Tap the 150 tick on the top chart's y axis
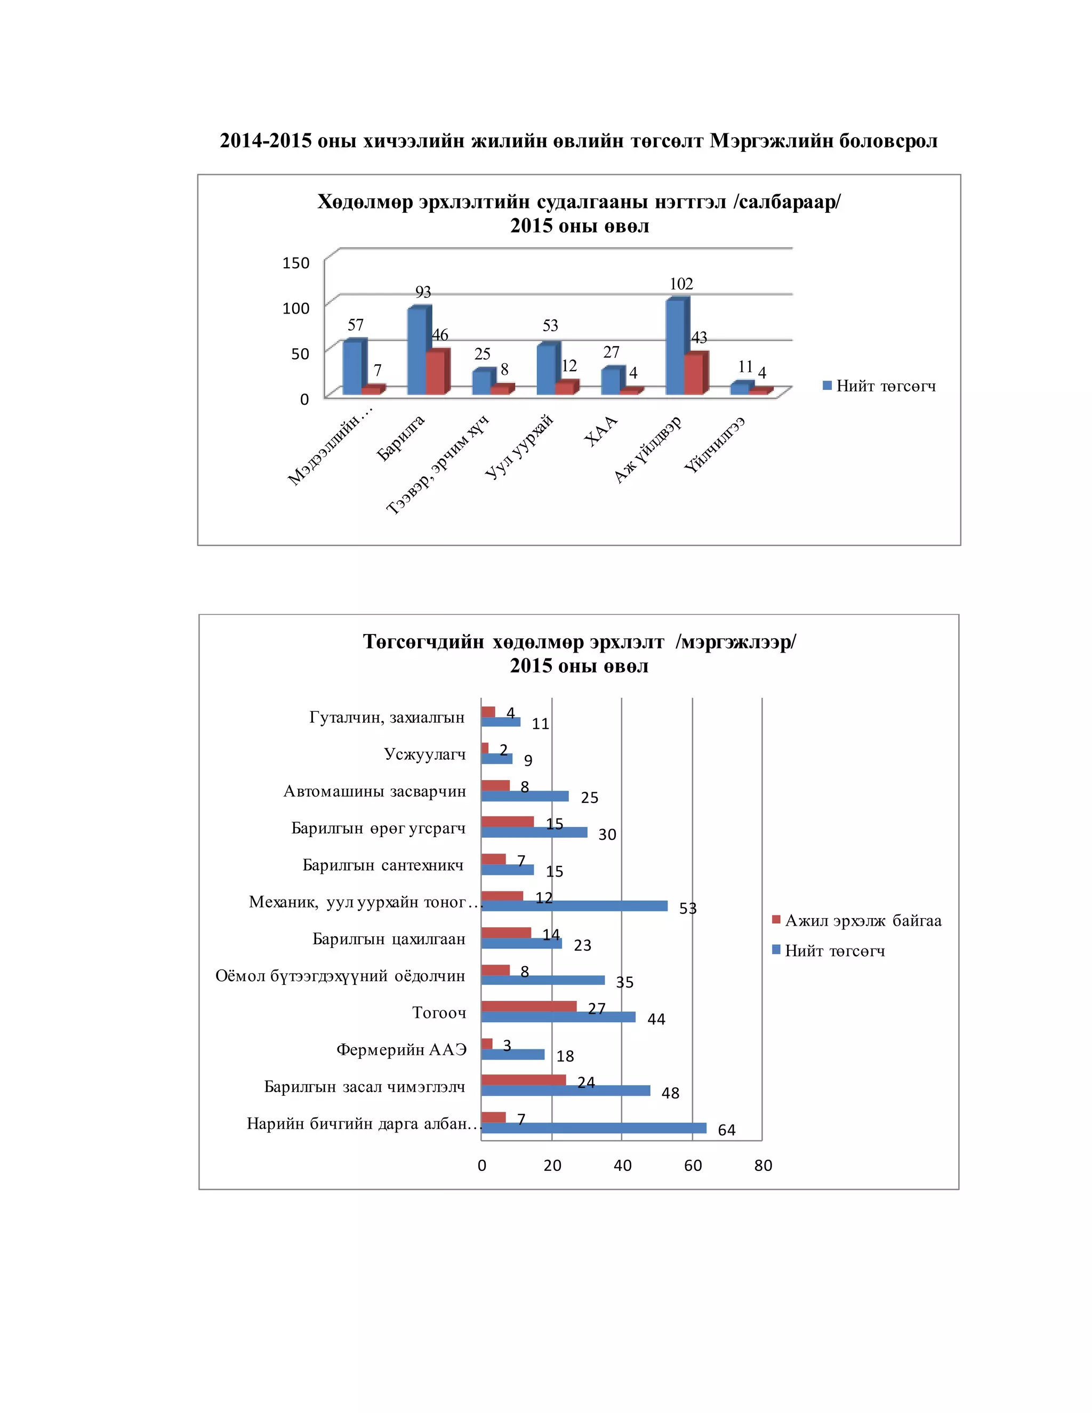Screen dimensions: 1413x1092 pos(296,263)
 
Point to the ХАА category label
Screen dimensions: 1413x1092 pos(601,431)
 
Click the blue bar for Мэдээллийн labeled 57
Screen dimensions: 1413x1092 pos(352,367)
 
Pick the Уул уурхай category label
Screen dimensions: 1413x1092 pos(519,446)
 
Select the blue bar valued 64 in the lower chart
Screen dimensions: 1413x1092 pos(594,1128)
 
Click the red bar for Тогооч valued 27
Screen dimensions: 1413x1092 pos(528,1006)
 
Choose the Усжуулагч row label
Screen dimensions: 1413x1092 pos(424,754)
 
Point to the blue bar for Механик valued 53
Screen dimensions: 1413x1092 pos(574,906)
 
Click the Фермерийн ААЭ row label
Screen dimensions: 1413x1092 pos(401,1049)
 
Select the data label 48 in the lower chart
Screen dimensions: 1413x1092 pos(670,1094)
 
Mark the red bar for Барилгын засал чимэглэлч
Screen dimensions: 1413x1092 pos(524,1080)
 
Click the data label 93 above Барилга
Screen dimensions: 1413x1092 pos(423,292)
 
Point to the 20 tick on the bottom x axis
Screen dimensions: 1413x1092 pos(552,1165)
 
